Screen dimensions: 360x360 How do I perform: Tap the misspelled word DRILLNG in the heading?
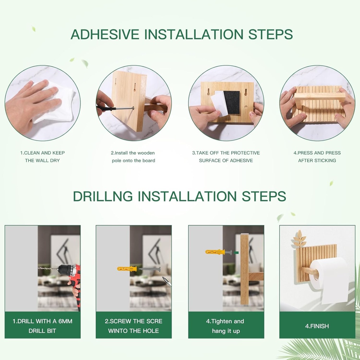click(103, 196)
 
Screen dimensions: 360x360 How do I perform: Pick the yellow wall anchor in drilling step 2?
click(127, 269)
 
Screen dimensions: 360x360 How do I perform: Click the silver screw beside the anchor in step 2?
click(150, 269)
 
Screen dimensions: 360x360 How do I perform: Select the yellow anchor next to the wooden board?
click(215, 252)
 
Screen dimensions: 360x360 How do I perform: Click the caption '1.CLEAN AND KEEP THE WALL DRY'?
click(42, 156)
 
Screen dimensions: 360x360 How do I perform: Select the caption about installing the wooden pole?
click(133, 156)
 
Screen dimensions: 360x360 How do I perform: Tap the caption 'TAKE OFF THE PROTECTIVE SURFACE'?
click(226, 156)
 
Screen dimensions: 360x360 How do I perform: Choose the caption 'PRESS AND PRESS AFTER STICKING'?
click(317, 156)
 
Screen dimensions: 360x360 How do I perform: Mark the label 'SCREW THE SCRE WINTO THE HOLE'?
click(134, 326)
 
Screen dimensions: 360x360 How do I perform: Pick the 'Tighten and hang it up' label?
click(226, 326)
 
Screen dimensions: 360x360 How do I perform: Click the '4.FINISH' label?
click(317, 326)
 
